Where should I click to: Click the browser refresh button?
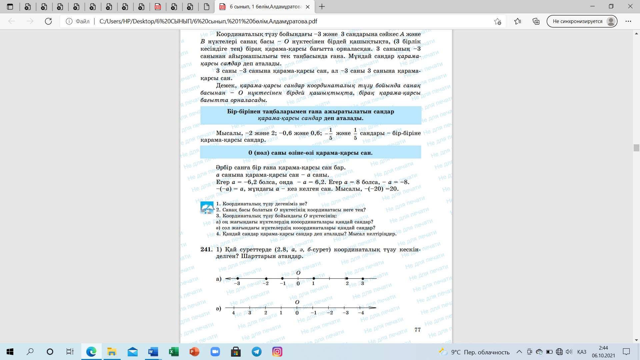[48, 21]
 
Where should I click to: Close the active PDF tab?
[308, 7]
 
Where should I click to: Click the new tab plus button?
[322, 7]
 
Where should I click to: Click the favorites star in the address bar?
[497, 21]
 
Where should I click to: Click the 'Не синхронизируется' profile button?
[582, 21]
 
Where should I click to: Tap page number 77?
[417, 330]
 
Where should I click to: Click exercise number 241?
[206, 249]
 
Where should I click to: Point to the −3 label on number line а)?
[237, 283]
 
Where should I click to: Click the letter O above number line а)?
[298, 273]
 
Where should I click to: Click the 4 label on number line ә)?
[233, 313]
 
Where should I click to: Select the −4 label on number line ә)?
[361, 313]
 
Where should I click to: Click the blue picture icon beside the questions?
[207, 208]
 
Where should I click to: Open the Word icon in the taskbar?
[153, 352]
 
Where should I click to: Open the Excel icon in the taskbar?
[174, 352]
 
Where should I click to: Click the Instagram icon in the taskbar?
[277, 352]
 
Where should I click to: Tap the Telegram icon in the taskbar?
[257, 352]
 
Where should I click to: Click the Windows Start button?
[10, 352]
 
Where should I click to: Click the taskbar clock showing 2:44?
[603, 352]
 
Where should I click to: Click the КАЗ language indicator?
[582, 352]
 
